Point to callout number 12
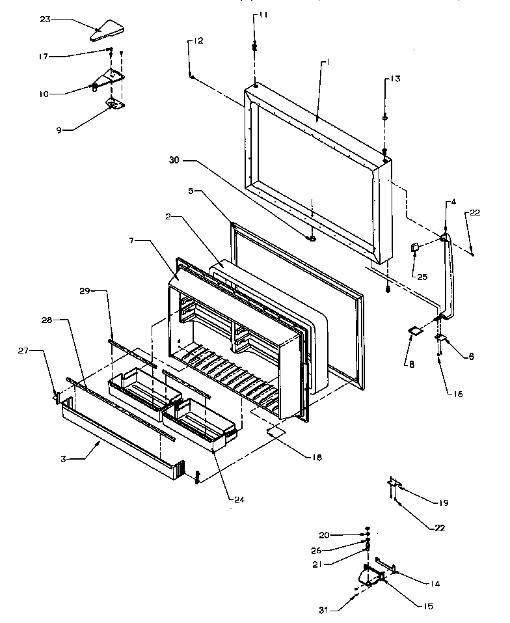196,40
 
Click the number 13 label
394,79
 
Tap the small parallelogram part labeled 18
275,432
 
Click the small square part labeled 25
414,247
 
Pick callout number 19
442,502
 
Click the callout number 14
435,584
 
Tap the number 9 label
58,130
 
